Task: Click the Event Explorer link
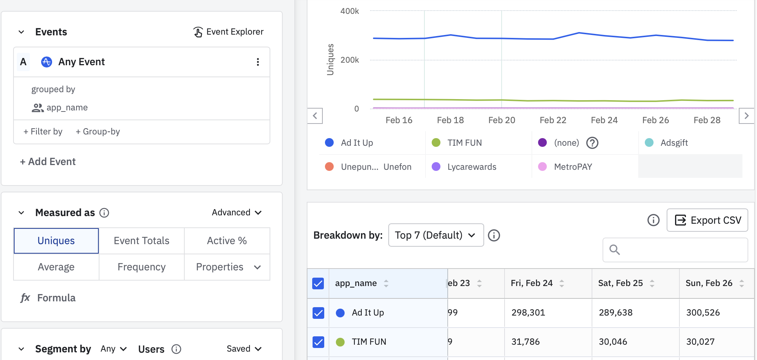(228, 32)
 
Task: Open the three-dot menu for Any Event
(258, 62)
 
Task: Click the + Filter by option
(43, 132)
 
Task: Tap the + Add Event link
(48, 162)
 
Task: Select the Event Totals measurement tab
(141, 241)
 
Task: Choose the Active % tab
(227, 241)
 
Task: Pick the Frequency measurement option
(141, 267)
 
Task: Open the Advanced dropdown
(236, 212)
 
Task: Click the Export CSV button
(707, 220)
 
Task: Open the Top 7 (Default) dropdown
(436, 235)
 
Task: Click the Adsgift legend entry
(674, 143)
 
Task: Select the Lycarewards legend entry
(471, 167)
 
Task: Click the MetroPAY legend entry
(573, 167)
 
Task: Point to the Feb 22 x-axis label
(553, 120)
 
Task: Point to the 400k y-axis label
(349, 11)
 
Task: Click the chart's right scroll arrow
(746, 116)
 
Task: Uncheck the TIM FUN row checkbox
(318, 342)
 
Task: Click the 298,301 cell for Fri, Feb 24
(528, 313)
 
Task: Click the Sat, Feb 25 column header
(620, 283)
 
